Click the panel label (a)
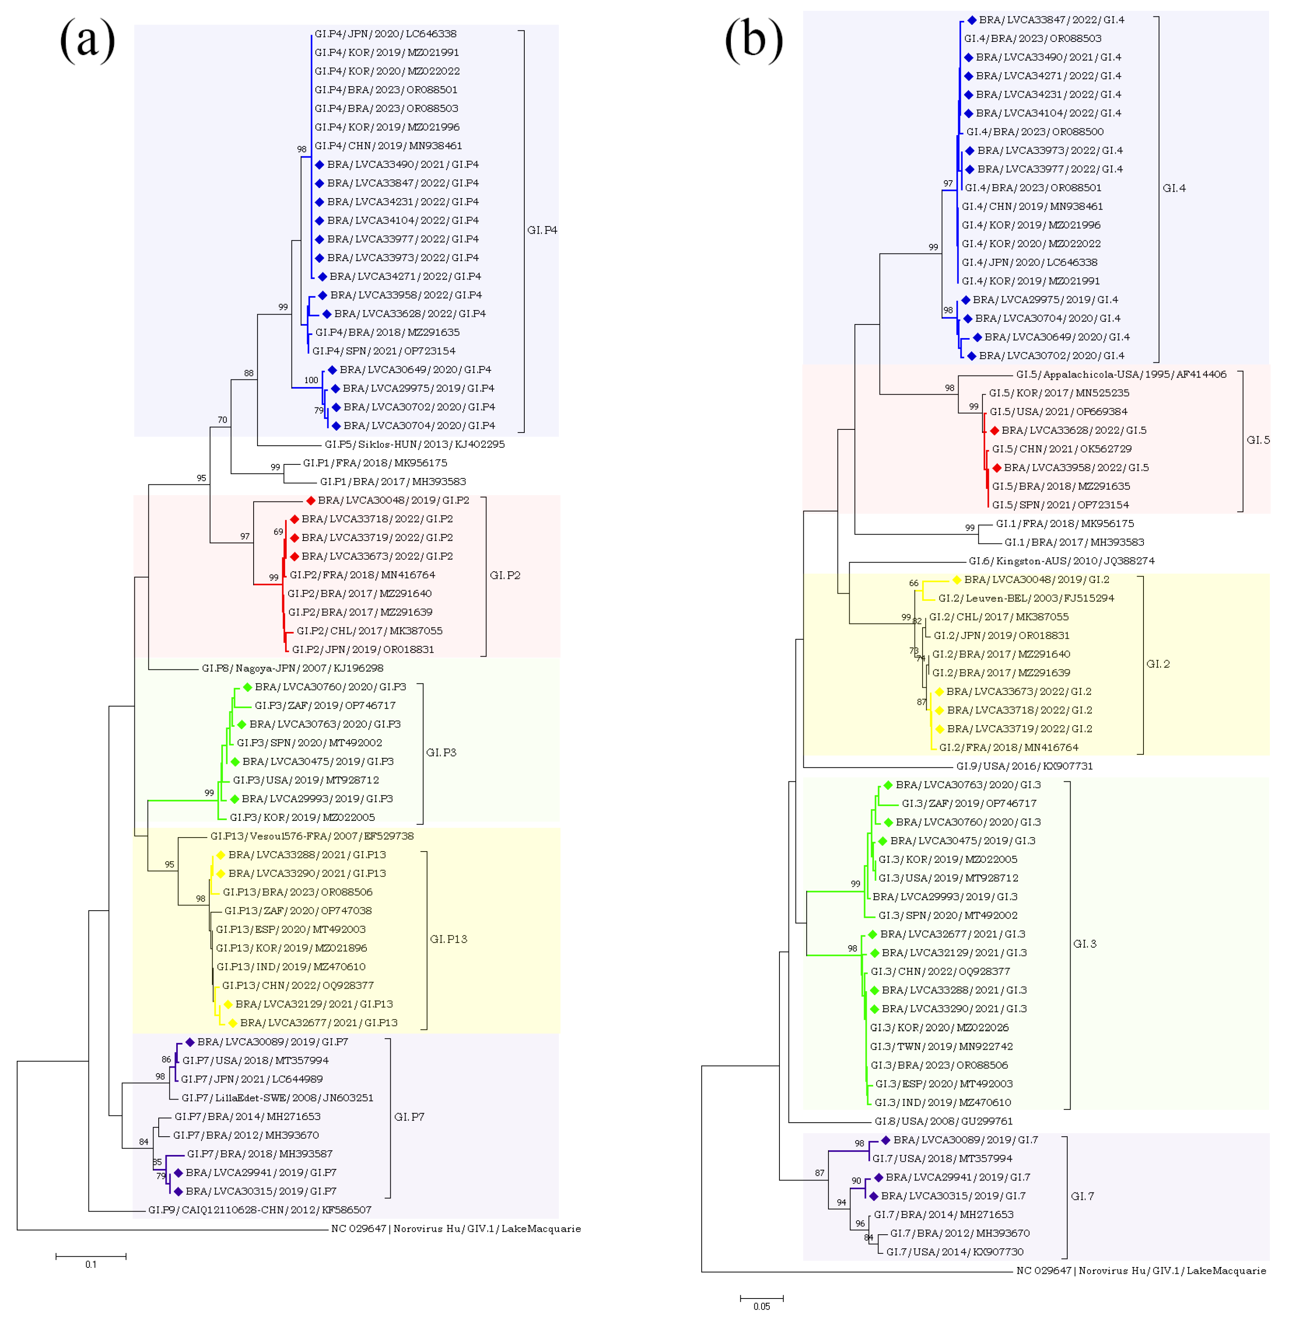(88, 41)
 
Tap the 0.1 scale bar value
(91, 1264)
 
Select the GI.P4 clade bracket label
(542, 230)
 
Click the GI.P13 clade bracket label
(448, 939)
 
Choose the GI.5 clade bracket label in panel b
(1258, 440)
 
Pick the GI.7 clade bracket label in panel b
(1082, 1196)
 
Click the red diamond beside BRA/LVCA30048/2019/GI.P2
(310, 500)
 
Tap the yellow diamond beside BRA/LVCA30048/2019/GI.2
(956, 580)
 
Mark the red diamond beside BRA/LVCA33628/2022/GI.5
(994, 431)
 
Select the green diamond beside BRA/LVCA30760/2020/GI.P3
(247, 687)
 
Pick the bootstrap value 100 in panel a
(311, 380)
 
